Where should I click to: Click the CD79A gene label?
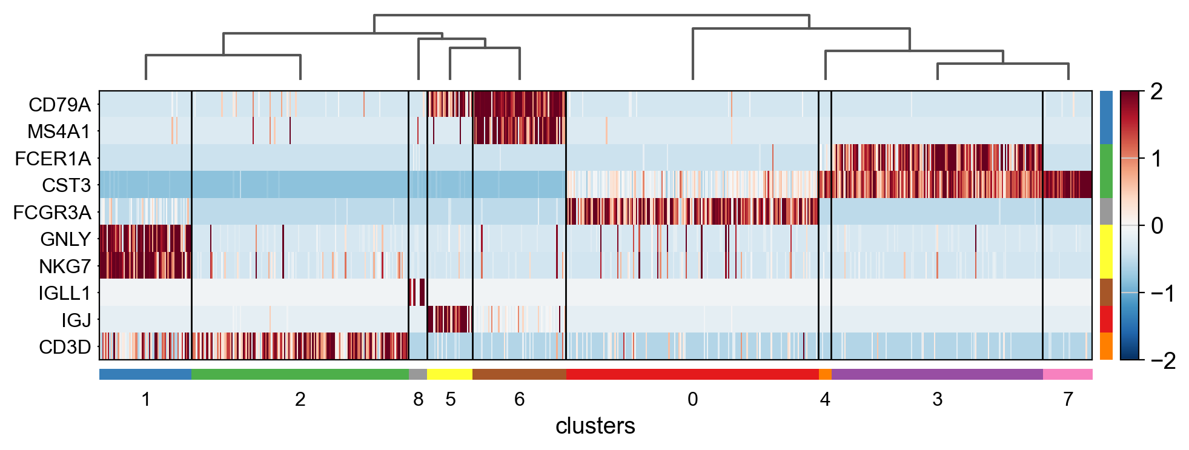[59, 105]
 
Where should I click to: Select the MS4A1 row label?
[58, 131]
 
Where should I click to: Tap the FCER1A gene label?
[53, 159]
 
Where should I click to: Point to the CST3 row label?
[66, 185]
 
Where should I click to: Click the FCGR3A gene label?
[52, 213]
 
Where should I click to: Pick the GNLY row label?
[65, 239]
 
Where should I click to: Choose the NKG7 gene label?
[64, 266]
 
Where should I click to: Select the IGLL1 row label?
[64, 293]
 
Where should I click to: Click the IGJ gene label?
[76, 320]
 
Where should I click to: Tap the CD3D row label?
[64, 347]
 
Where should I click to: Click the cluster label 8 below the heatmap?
[418, 399]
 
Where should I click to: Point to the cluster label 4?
[824, 399]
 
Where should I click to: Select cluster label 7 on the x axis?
[1068, 399]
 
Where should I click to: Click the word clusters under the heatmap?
[595, 426]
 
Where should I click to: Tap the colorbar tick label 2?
[1156, 92]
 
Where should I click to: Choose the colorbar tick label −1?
[1162, 294]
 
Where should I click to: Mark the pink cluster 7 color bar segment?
[1067, 374]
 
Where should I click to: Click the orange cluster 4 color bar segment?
[824, 374]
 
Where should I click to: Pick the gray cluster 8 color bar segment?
[417, 374]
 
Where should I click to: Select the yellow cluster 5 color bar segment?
[449, 374]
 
